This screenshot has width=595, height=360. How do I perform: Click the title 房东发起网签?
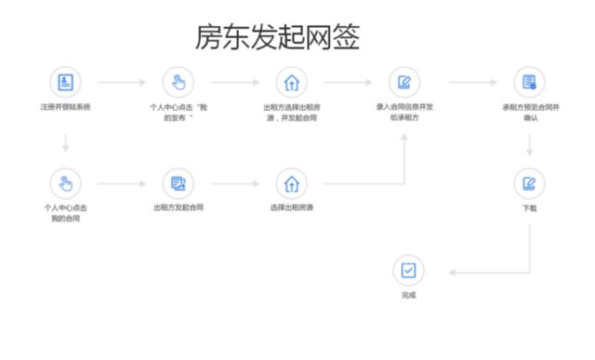tap(277, 36)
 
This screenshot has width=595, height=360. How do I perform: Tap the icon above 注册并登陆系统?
tap(65, 82)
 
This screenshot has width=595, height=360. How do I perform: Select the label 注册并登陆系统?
tap(65, 107)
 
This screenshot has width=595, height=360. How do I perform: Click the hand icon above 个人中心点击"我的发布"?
tap(178, 82)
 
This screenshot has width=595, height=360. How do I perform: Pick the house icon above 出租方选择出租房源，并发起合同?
tap(292, 82)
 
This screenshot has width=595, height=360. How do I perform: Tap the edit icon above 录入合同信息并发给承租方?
tap(403, 82)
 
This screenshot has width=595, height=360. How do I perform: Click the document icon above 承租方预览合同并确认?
tap(529, 82)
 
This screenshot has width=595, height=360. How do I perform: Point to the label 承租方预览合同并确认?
tap(529, 113)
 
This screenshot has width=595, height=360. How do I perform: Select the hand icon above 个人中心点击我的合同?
tap(65, 182)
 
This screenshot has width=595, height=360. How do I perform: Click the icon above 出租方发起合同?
tap(178, 182)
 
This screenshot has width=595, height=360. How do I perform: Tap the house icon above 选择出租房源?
tap(292, 182)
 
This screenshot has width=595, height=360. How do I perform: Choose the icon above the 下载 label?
tap(529, 182)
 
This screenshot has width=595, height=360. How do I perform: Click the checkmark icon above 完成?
tap(408, 270)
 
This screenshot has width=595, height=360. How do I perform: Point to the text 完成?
tap(408, 295)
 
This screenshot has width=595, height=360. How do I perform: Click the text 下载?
tap(529, 207)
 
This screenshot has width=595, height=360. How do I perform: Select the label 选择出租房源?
tap(292, 207)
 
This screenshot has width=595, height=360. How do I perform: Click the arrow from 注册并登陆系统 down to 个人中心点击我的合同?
tap(65, 142)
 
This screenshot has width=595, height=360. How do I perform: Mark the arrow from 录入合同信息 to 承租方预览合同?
tap(472, 82)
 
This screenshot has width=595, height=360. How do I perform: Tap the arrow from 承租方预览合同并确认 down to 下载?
tap(529, 144)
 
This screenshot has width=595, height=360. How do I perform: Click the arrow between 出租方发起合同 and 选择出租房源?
tap(235, 182)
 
